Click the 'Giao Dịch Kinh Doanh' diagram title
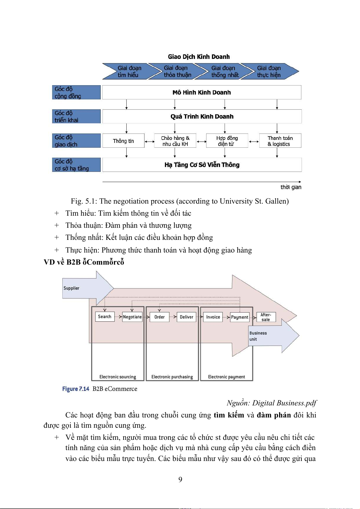point(199,57)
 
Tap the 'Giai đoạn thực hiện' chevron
point(269,72)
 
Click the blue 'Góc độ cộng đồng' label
point(76,92)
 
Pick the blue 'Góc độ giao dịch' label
point(76,141)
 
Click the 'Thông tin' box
point(123,141)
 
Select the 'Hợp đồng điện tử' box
point(227,141)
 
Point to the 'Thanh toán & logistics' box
point(280,141)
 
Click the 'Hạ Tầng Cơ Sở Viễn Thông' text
point(202,165)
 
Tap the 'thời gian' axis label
point(291,187)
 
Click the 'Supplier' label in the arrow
point(71,288)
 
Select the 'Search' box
point(105,317)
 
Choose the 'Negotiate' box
point(132,317)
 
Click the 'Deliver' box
point(186,317)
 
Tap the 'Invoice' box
point(213,317)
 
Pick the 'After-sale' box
point(266,317)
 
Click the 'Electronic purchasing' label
point(172,377)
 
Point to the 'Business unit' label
point(258,336)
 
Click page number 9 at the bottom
point(180,479)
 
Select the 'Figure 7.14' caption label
point(76,389)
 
